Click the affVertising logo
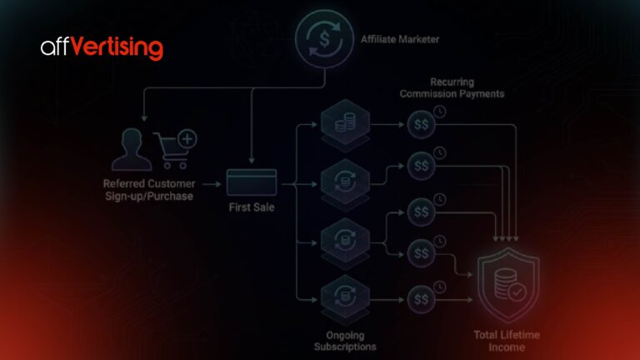point(102,48)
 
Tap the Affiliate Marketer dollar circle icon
point(324,39)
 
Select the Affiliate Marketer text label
point(400,40)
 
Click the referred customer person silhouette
point(132,149)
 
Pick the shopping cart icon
point(171,151)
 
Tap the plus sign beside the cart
point(187,139)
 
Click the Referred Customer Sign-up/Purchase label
point(149,190)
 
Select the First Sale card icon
point(252,182)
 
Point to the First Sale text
point(252,207)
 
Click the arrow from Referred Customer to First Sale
point(212,184)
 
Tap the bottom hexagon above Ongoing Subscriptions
point(345,298)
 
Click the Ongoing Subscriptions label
point(345,341)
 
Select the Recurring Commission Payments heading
point(452,87)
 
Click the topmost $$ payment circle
point(421,124)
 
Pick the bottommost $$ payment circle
point(421,300)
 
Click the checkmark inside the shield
point(517,292)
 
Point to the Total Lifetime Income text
point(507,341)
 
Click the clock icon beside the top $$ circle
point(440,112)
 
